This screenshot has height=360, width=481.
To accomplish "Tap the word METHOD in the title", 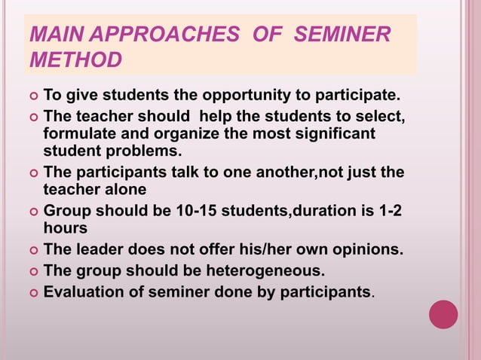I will click(x=74, y=60).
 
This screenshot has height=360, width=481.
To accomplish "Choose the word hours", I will click(x=65, y=227).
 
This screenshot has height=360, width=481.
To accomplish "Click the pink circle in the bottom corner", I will click(x=443, y=314).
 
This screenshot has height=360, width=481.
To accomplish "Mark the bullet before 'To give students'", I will click(x=32, y=97).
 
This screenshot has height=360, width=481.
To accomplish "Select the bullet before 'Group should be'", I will click(x=32, y=212).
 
